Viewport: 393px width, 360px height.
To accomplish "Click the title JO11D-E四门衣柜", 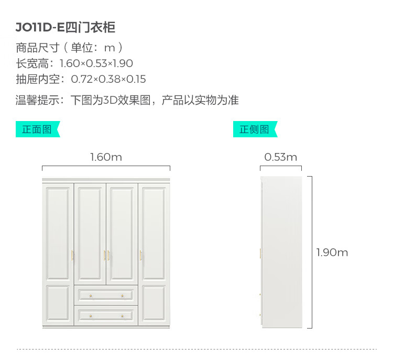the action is [65, 27].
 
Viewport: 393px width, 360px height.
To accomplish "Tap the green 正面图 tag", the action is [37, 129].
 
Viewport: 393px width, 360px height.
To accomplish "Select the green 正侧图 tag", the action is [254, 129].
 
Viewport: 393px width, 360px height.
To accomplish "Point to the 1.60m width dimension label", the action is [106, 157].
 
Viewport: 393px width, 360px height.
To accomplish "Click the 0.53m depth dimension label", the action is [280, 157].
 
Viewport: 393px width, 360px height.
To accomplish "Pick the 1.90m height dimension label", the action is [332, 253].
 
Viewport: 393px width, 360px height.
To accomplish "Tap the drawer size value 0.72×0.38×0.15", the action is [108, 79].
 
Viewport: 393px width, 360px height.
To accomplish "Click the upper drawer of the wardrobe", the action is [106, 295].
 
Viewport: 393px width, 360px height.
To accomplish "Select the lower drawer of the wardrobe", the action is [106, 315].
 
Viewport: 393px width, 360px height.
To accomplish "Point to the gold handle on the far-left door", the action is [72, 255].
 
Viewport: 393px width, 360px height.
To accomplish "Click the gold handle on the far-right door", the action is [140, 255].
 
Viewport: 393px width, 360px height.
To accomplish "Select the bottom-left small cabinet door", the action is [58, 304].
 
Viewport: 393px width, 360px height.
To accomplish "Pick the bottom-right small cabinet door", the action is [155, 304].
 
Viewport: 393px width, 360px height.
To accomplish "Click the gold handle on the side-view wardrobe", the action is [260, 254].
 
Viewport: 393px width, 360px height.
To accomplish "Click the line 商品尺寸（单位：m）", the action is [69, 48].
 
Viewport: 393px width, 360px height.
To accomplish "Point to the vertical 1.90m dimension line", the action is [312, 252].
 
